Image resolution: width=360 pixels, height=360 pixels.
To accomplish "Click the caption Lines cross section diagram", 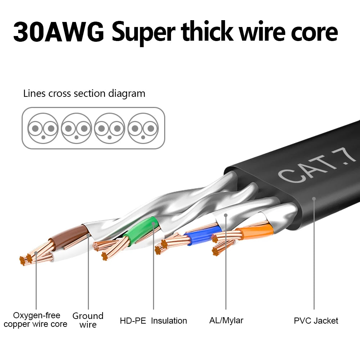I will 84,94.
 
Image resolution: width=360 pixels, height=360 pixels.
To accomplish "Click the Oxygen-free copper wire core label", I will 36,320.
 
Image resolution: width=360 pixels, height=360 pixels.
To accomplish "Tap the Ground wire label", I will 88,320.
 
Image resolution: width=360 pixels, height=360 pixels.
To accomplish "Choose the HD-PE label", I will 133,320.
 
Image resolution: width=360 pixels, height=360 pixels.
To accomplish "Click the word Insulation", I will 169,320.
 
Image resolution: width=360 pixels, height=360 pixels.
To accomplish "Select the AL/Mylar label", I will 226,320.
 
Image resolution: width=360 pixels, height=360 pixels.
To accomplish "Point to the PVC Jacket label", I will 316,320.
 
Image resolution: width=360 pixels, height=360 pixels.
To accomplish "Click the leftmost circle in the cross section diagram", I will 43,128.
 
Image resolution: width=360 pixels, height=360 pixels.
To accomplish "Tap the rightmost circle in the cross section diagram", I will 143,128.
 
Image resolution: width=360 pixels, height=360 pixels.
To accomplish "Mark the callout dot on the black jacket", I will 314,198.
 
